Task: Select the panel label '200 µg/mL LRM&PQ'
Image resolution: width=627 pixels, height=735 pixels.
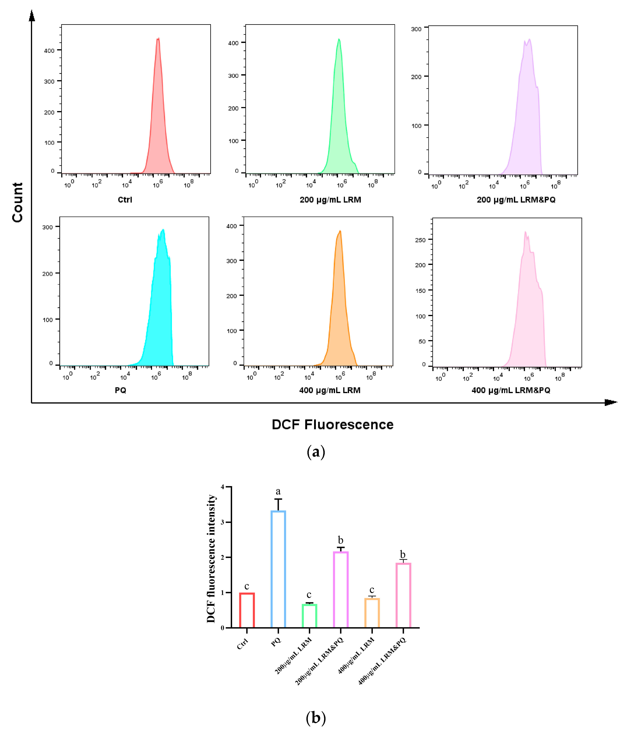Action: [516, 200]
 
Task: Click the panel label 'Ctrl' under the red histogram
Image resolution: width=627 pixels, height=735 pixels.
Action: [125, 200]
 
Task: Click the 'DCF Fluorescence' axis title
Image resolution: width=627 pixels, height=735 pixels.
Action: [332, 425]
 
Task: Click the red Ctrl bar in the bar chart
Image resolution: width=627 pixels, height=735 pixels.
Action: [247, 610]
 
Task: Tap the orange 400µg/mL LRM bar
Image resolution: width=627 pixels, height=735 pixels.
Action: [372, 613]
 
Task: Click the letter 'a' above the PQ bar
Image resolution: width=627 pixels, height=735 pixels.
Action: [278, 491]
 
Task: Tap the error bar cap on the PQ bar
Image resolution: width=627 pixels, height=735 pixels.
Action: [278, 499]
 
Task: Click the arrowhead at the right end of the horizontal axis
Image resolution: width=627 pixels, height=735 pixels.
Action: [611, 402]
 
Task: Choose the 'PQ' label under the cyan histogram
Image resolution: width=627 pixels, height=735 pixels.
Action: [121, 390]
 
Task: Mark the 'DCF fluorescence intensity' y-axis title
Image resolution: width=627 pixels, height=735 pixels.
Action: [211, 559]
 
